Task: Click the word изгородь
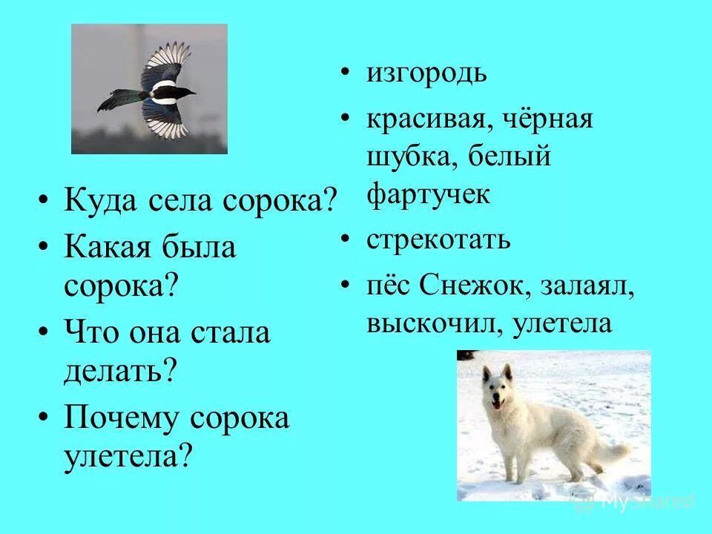click(x=426, y=75)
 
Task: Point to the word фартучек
click(x=428, y=194)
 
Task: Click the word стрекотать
click(x=438, y=241)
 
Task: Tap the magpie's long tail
click(x=119, y=99)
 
